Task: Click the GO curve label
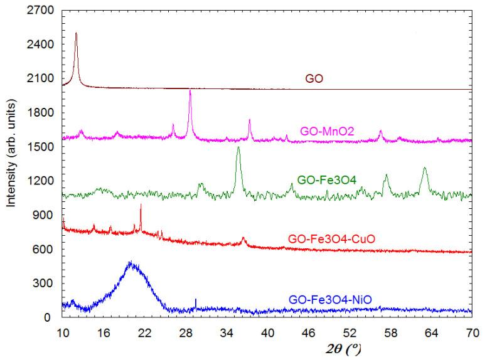click(314, 79)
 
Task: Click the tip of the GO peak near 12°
click(76, 33)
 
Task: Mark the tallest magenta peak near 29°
click(190, 91)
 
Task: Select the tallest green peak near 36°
click(238, 147)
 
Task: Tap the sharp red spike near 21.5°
click(141, 204)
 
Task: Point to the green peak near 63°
click(425, 168)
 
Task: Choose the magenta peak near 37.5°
click(249, 120)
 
